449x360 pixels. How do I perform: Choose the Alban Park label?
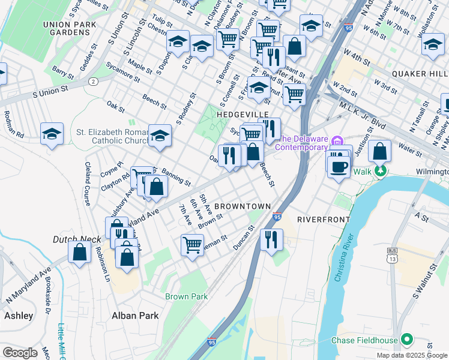[x=135, y=315]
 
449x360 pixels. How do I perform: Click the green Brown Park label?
[x=187, y=296]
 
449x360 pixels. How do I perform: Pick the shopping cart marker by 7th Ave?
[x=192, y=244]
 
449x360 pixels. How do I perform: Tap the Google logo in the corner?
[x=20, y=353]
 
